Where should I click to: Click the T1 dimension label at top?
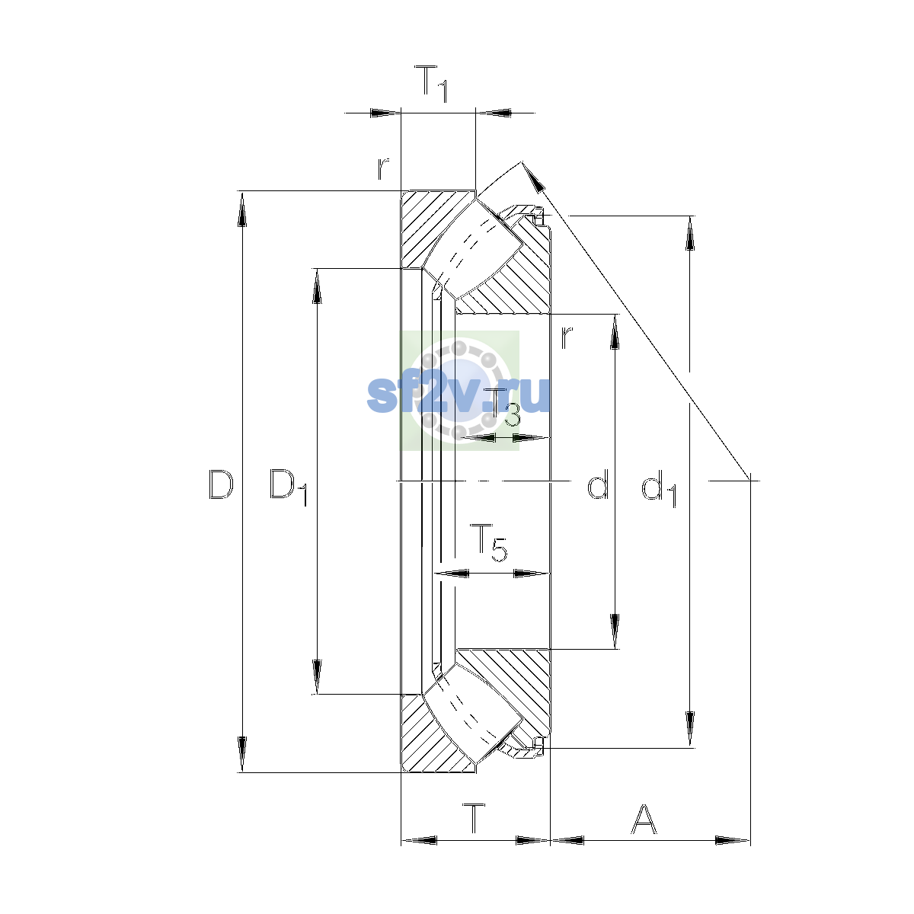(x=430, y=84)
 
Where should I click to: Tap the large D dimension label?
(x=221, y=484)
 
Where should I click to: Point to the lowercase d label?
(x=598, y=484)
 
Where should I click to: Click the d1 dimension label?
(x=659, y=488)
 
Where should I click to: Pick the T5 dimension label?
(x=488, y=542)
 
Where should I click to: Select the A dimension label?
(x=644, y=819)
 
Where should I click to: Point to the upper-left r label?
(x=383, y=169)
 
